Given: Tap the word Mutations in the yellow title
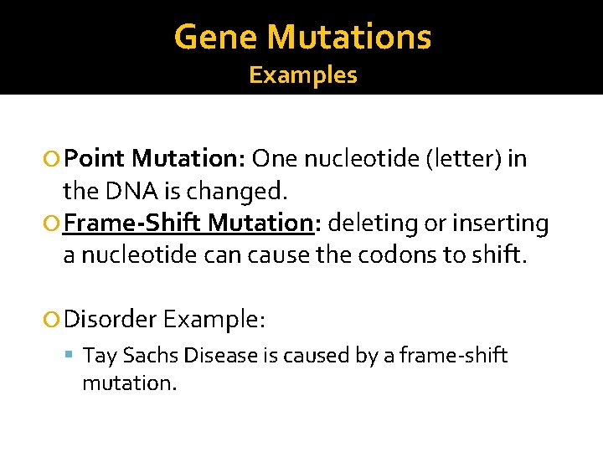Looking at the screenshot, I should (351, 37).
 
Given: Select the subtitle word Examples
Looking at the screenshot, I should (303, 75).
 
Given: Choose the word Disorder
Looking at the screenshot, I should (110, 319).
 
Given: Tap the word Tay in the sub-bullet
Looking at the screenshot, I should (100, 356).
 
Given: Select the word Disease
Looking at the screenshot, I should (219, 356).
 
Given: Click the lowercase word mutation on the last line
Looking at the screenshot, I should (129, 384).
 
